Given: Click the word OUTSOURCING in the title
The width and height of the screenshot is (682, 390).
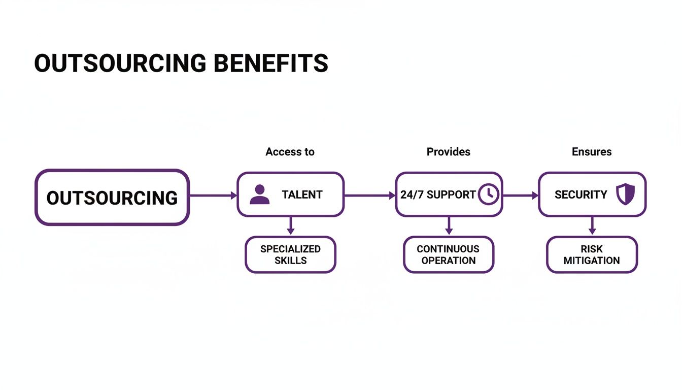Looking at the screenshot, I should point(120,63).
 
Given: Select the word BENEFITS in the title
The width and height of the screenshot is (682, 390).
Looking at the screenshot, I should point(270,63).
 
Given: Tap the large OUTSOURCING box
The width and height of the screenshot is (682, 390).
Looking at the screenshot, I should point(112,197).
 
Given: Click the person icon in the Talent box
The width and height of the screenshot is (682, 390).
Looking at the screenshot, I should point(260,194).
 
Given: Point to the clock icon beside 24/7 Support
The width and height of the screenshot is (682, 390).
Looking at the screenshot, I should point(489,194).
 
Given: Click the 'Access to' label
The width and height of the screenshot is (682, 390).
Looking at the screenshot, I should point(290,152).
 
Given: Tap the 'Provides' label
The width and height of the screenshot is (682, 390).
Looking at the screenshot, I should point(448,152).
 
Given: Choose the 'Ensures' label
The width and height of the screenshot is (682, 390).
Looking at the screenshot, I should point(592,152).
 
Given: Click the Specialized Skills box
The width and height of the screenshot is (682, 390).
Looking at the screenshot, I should point(290,254).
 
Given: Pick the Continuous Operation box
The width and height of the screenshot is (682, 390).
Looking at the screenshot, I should point(448,254).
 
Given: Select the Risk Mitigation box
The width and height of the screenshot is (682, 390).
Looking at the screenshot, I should point(592,254).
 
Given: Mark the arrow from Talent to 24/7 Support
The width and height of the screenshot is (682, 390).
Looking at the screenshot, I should point(369,195).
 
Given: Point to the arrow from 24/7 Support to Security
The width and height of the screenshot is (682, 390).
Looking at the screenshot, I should point(520,195).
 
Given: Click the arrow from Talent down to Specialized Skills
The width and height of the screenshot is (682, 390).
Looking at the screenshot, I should point(290,226).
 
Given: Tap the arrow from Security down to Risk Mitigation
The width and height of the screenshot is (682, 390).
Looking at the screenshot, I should point(592,226).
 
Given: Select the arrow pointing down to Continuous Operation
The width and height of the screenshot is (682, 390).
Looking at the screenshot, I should point(449,226).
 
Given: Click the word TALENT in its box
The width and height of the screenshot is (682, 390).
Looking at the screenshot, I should point(302,194).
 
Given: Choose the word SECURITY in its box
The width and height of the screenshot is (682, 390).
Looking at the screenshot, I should point(581,194).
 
